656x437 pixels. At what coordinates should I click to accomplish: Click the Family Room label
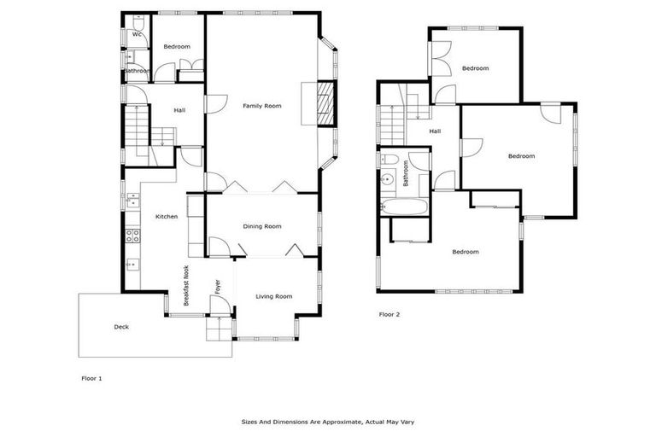click(x=261, y=106)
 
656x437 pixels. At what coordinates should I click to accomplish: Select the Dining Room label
click(x=262, y=226)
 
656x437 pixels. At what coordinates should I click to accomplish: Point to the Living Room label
click(x=274, y=296)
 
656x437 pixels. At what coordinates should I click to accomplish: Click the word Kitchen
click(x=167, y=217)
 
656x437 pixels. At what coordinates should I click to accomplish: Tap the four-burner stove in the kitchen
click(x=132, y=234)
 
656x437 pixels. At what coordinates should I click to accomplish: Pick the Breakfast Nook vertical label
click(x=184, y=285)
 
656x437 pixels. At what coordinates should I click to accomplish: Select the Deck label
click(x=122, y=327)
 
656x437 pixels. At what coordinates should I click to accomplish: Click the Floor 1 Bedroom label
click(x=177, y=46)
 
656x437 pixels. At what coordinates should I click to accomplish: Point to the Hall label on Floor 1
click(x=179, y=110)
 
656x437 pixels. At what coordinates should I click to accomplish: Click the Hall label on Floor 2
click(x=435, y=131)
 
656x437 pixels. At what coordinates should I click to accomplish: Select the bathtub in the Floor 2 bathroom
click(x=402, y=207)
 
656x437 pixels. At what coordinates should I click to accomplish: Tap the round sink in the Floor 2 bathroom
click(x=387, y=179)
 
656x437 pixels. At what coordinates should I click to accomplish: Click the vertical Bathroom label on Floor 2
click(x=407, y=173)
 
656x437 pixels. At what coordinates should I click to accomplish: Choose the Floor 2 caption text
click(x=389, y=314)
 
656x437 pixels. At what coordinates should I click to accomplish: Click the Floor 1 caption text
click(x=91, y=377)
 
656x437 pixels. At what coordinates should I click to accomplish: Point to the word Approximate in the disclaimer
click(x=343, y=422)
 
